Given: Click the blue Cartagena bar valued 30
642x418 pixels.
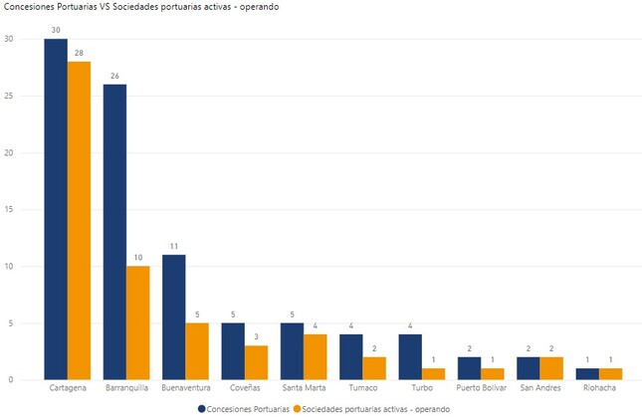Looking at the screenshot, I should tap(56, 209).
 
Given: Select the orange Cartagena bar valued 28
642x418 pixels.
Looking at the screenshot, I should tap(79, 220).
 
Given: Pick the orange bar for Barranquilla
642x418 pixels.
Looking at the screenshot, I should tap(137, 322).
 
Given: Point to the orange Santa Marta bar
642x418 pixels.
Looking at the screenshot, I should tap(315, 356).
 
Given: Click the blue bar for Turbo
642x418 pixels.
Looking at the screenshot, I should tap(410, 356).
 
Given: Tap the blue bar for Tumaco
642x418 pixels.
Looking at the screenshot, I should tap(350, 356).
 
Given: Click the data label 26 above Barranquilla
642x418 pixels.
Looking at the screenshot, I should tap(114, 76).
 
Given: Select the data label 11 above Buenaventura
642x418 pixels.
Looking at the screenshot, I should tap(173, 246).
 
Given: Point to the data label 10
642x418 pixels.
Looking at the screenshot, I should tap(137, 258).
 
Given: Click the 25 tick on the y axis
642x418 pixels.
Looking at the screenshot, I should tap(9, 97).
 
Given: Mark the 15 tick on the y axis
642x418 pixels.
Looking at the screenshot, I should tap(9, 210).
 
